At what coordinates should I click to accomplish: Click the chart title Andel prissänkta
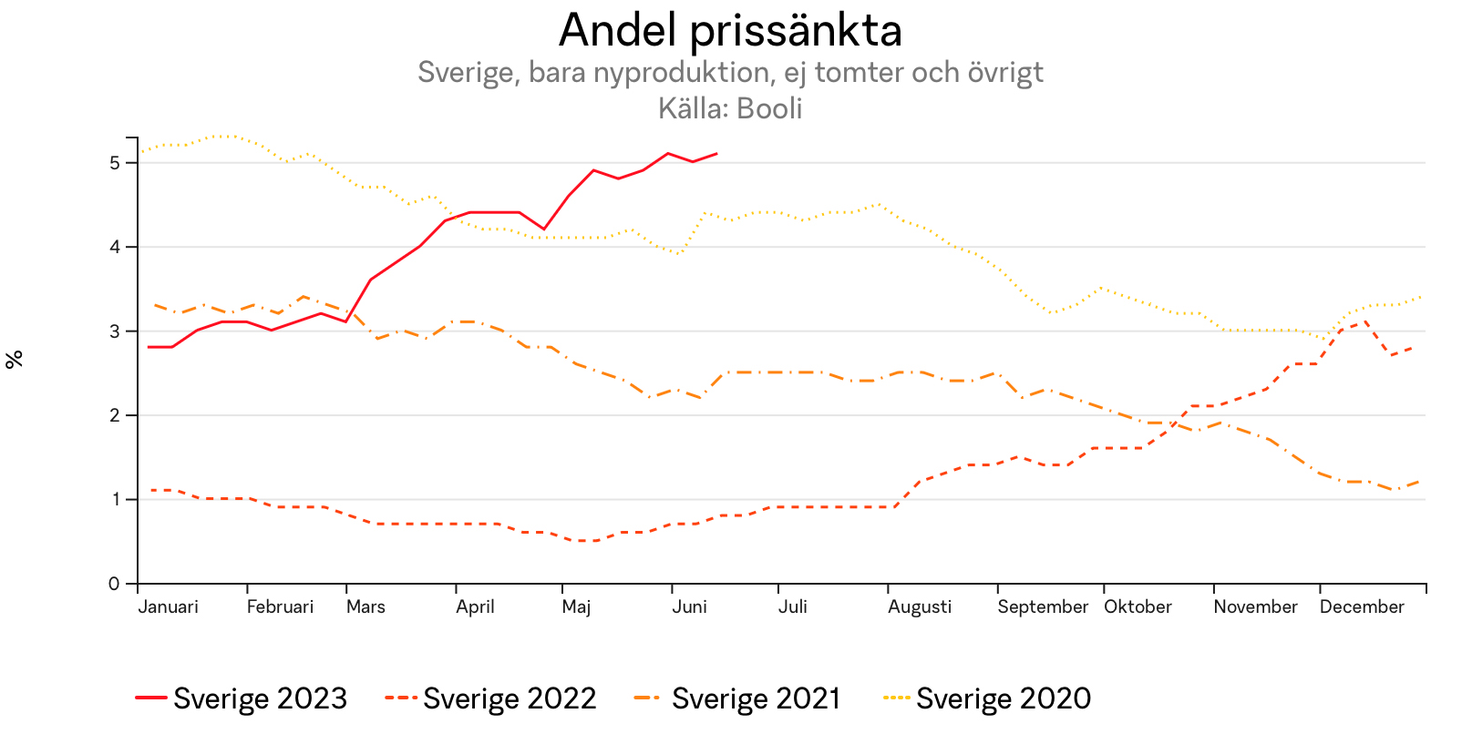(730, 31)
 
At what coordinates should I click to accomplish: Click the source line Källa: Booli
(730, 108)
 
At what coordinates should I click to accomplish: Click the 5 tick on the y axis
(114, 163)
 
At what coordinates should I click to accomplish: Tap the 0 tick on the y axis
(114, 584)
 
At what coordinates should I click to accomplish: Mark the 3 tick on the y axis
(114, 331)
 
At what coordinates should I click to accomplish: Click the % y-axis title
(14, 360)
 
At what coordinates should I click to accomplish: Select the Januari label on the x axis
(168, 607)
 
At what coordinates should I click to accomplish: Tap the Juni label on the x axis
(689, 607)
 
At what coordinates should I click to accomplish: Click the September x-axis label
(1043, 607)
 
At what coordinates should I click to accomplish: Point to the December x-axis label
(1362, 607)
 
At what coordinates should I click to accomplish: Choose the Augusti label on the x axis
(920, 607)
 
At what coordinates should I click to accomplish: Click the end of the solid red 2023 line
(717, 153)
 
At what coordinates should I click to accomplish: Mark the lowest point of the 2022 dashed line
(583, 541)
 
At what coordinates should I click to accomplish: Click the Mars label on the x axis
(365, 607)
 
